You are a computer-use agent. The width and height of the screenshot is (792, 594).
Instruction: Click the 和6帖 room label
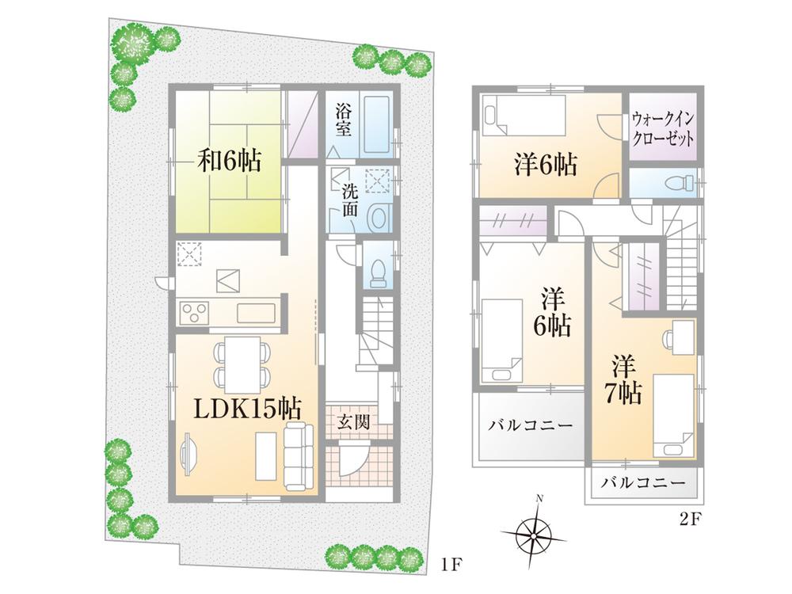click(x=229, y=162)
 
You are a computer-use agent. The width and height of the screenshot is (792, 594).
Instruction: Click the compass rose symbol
click(x=538, y=531)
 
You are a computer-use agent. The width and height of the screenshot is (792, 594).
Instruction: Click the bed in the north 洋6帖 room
click(x=524, y=116)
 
